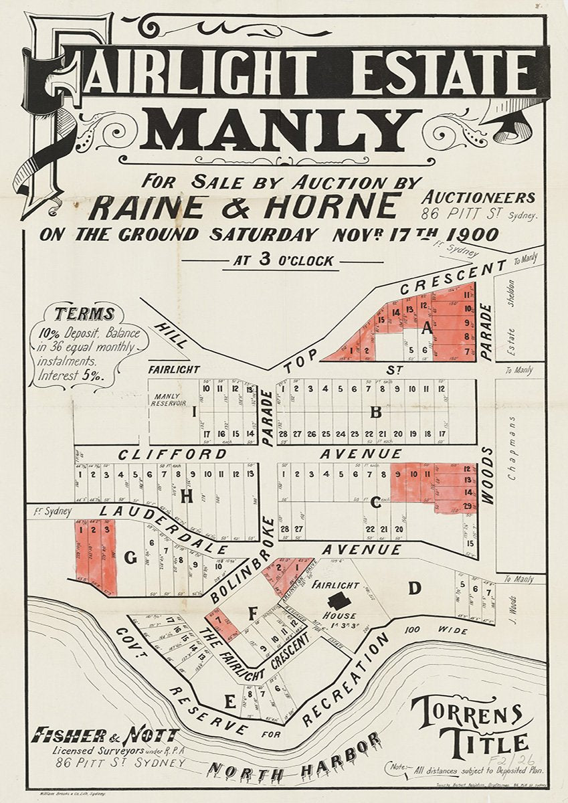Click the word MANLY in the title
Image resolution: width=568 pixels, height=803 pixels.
pos(284,130)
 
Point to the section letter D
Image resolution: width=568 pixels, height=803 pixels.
pos(415,588)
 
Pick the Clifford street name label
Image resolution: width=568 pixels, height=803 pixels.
pos(173,454)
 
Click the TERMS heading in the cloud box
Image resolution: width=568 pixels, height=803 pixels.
pos(84,314)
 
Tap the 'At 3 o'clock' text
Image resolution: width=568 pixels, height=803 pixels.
pos(282,261)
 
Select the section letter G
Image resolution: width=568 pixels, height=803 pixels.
pos(130,556)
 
